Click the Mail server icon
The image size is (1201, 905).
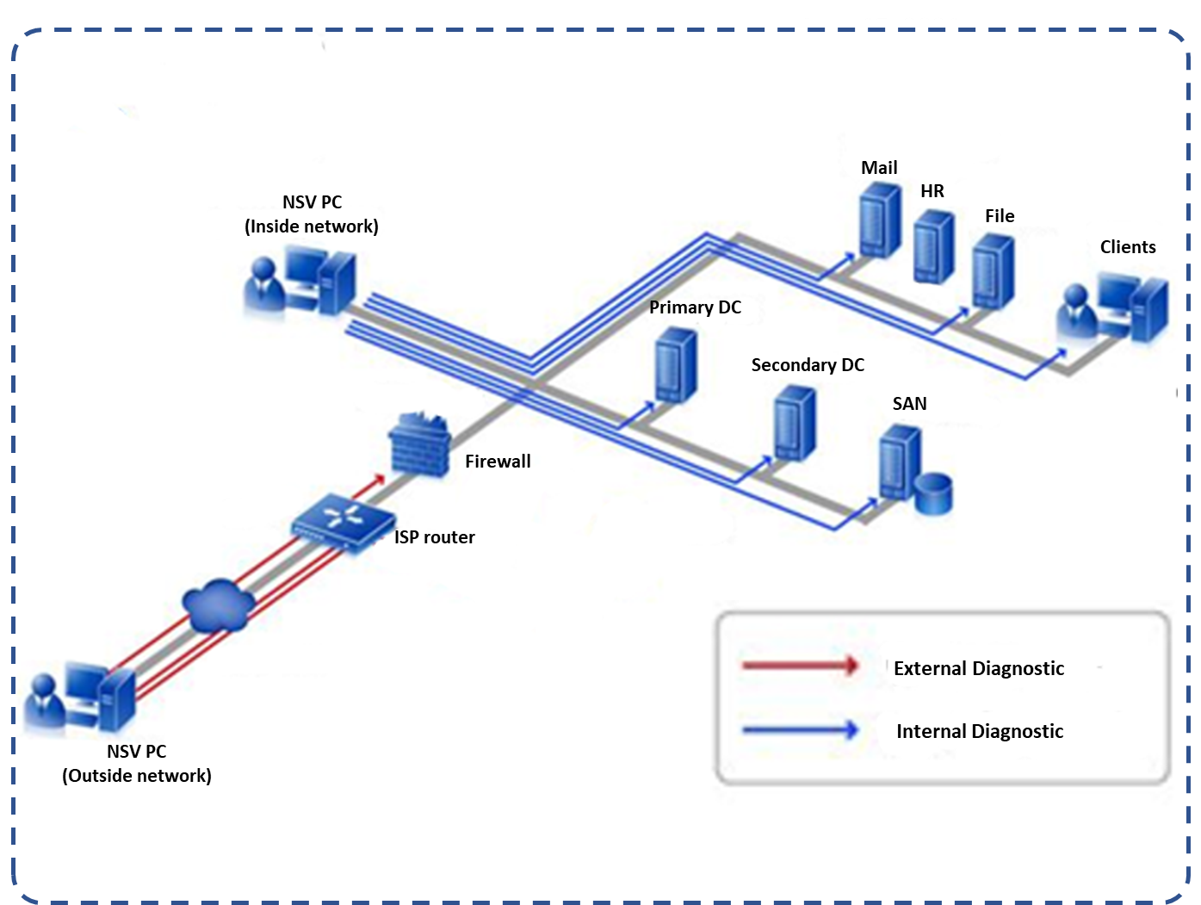pos(880,226)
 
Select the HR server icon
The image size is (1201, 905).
pos(933,247)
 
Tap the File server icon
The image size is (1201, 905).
pos(993,271)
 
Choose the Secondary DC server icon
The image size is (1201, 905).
pos(794,423)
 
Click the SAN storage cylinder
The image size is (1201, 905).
pos(933,493)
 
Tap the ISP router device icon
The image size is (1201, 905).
pos(338,519)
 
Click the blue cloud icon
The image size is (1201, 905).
pos(218,604)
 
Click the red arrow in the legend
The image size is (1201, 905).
pos(800,665)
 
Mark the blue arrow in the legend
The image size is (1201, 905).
pos(800,730)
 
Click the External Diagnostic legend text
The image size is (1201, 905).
pos(979,668)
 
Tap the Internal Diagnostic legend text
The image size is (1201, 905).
pos(980,731)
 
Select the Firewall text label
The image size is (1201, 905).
pos(498,462)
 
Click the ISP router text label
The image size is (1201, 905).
pos(434,537)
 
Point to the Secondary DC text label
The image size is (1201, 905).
pos(808,365)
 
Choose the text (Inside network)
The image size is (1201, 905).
pos(312,226)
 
